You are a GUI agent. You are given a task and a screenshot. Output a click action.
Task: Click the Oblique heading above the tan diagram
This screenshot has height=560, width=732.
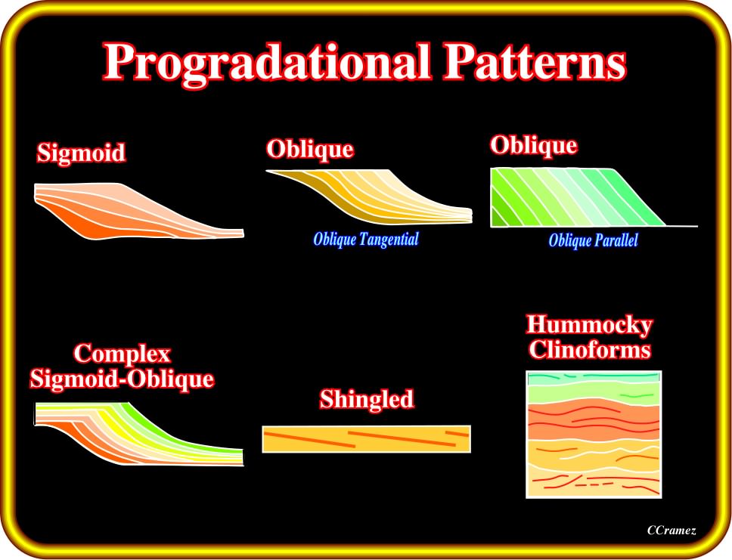click(x=310, y=150)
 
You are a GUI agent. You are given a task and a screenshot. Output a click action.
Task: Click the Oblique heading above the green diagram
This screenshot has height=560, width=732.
click(x=534, y=146)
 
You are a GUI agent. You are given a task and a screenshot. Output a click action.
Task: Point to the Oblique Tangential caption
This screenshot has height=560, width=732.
click(x=366, y=240)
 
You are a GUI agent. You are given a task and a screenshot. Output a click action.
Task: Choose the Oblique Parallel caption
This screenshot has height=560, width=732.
click(x=593, y=241)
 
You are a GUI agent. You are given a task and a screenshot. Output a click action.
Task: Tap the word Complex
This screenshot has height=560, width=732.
click(x=123, y=354)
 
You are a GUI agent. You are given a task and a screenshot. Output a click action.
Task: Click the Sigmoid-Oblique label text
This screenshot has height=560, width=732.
click(x=123, y=379)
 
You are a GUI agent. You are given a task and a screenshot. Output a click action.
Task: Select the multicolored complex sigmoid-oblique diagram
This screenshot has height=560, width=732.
click(x=139, y=434)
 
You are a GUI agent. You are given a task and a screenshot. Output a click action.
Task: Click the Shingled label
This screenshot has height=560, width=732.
click(x=367, y=400)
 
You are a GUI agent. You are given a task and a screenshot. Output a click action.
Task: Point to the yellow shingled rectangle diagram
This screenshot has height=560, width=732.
click(x=367, y=439)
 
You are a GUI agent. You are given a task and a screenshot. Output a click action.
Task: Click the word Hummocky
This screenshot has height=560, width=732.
click(x=589, y=325)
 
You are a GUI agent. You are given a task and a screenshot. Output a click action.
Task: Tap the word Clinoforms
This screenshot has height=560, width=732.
click(x=590, y=350)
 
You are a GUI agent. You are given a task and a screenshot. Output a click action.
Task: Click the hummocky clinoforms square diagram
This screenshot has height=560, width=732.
click(x=594, y=435)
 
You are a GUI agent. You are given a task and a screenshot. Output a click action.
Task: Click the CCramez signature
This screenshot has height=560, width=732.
click(x=672, y=531)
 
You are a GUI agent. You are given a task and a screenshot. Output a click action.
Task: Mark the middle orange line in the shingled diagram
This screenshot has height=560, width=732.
click(x=402, y=438)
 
